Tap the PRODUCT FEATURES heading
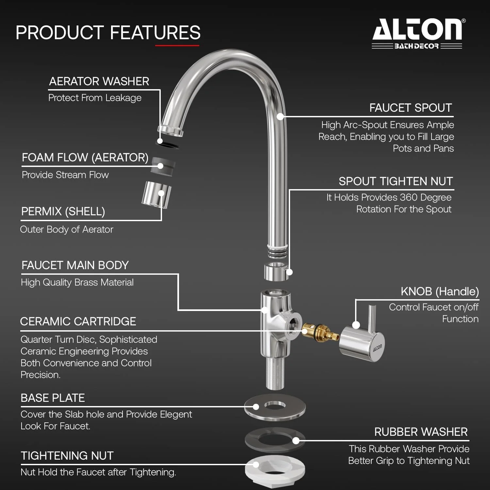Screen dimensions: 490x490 (108, 33)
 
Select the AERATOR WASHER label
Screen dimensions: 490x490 (99, 81)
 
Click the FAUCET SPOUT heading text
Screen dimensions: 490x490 (411, 108)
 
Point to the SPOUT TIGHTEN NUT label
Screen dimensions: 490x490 (396, 181)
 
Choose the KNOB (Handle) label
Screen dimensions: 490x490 (440, 291)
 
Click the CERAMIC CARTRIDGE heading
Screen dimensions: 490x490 (78, 321)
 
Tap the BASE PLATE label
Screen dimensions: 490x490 (53, 398)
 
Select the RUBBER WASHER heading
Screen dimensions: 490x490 (421, 432)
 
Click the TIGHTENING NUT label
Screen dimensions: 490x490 (67, 456)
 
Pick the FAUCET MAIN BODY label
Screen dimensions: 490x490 (75, 265)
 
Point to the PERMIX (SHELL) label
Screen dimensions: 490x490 (63, 212)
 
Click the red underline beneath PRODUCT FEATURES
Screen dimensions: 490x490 (177, 45)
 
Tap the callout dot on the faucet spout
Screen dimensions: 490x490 (280, 116)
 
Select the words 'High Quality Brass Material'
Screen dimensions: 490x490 (77, 282)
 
